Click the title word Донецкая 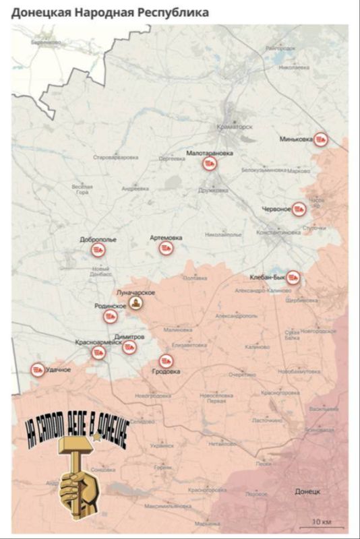(42, 13)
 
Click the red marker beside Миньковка (322, 139)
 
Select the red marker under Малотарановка (210, 164)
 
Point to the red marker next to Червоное (299, 209)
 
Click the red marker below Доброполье (98, 250)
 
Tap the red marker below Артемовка (166, 249)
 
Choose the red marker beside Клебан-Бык (293, 277)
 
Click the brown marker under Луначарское (137, 304)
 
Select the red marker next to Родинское (133, 306)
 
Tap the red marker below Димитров (129, 347)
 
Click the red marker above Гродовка (166, 361)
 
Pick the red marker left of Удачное (36, 369)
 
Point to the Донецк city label (307, 492)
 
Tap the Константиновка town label (278, 232)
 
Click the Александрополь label (235, 315)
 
